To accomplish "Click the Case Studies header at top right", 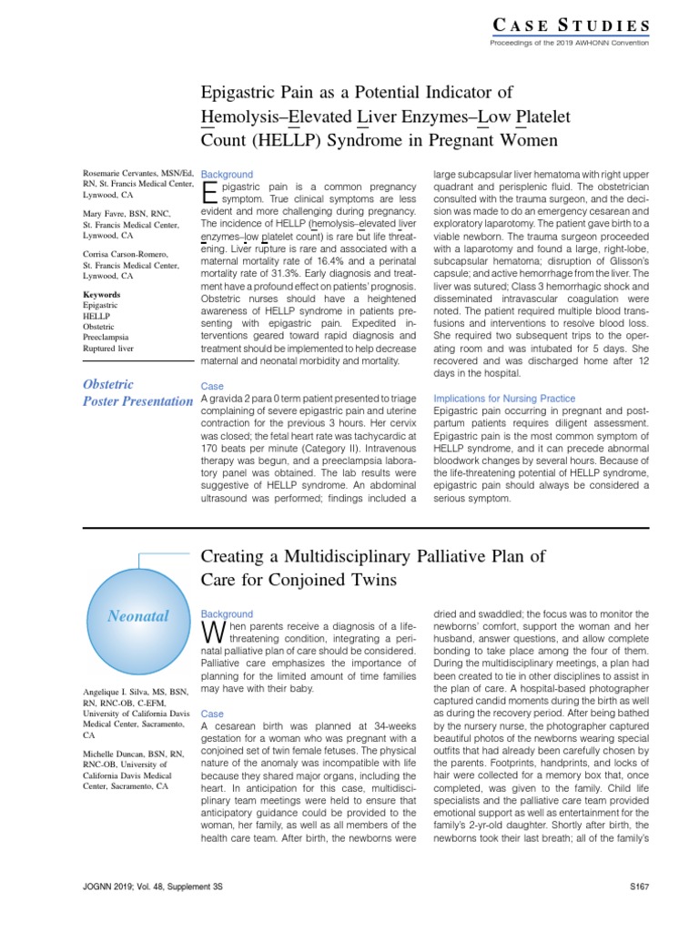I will [572, 25].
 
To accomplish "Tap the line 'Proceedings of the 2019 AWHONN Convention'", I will [569, 43].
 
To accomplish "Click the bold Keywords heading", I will [101, 295].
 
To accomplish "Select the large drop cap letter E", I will [209, 191].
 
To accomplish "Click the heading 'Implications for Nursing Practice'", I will [503, 399].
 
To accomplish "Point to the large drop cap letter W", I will [210, 631].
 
